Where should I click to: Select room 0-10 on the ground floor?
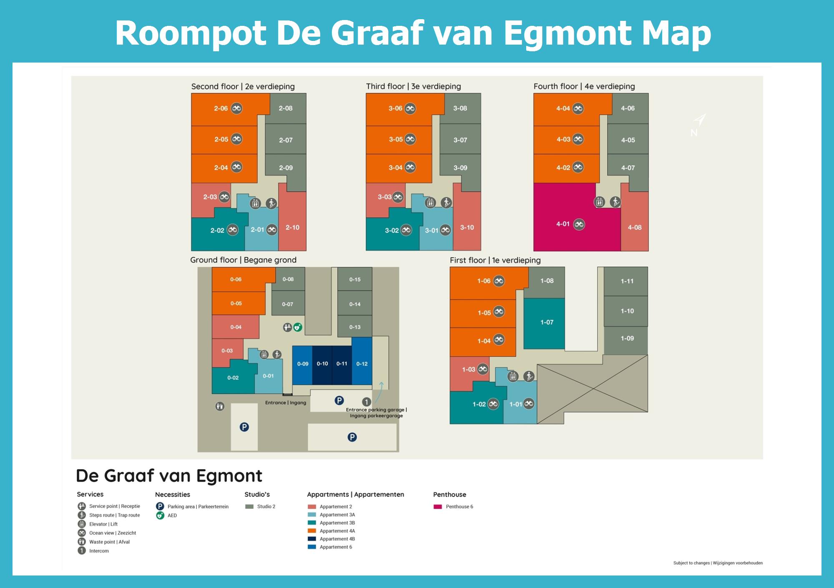coord(322,364)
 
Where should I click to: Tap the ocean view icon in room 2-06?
coord(237,108)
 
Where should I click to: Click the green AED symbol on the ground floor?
coord(297,327)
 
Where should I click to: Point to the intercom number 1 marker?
coord(366,402)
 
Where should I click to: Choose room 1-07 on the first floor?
coord(546,322)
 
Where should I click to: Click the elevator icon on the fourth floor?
coord(599,202)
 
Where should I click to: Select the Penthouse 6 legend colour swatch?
coord(437,507)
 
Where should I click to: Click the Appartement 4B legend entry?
coord(337,539)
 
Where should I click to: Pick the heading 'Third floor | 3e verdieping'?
coord(413,86)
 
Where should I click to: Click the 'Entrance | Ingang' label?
coord(286,403)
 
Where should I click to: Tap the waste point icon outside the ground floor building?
coord(220,406)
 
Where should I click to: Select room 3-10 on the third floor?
coord(467,228)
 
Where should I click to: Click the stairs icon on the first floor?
coord(529,376)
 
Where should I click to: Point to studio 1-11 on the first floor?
coord(627,281)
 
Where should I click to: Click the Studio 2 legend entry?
coord(266,507)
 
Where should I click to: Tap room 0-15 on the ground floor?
coord(355,279)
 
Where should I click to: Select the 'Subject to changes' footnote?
coord(718,563)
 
